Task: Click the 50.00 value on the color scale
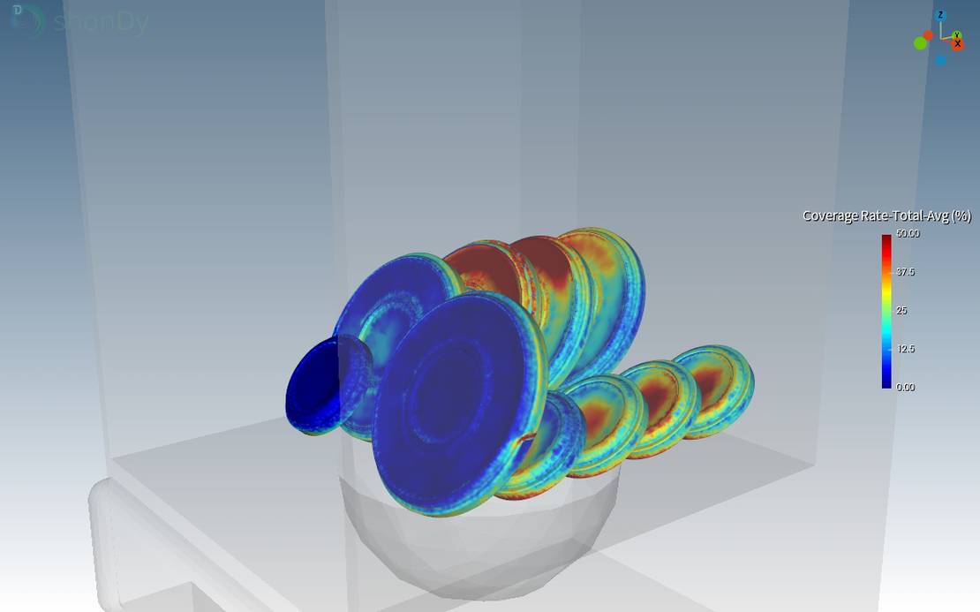pyautogui.click(x=908, y=234)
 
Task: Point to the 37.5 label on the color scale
pyautogui.click(x=906, y=272)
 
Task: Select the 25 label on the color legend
pyautogui.click(x=902, y=311)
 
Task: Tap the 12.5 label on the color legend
pyautogui.click(x=906, y=349)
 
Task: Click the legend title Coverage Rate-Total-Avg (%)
pyautogui.click(x=886, y=215)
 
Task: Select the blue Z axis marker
pyautogui.click(x=941, y=16)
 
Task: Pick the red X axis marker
pyautogui.click(x=958, y=44)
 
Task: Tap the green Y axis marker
pyautogui.click(x=956, y=35)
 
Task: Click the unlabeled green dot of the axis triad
pyautogui.click(x=920, y=43)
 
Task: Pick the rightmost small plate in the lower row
pyautogui.click(x=712, y=389)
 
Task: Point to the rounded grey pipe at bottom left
pyautogui.click(x=132, y=548)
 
